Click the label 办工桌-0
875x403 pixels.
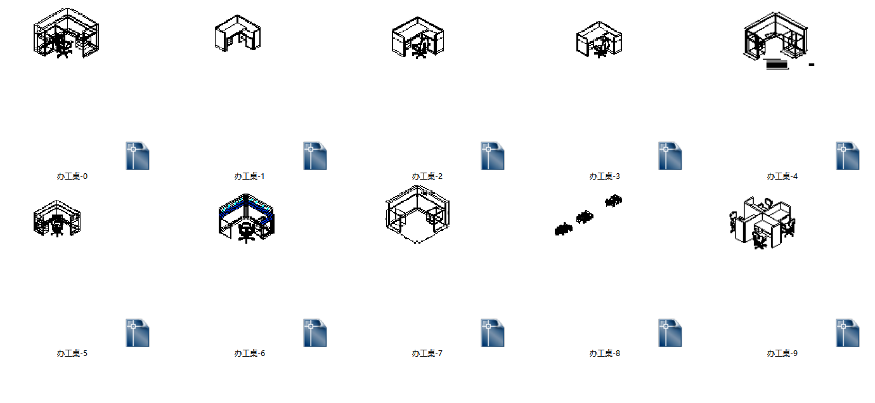(72, 176)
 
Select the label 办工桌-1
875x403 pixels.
(250, 176)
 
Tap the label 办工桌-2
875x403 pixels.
(427, 176)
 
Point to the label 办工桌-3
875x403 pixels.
(605, 176)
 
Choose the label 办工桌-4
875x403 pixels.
(782, 176)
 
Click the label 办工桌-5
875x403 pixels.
(72, 353)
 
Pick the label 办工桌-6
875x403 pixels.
(250, 353)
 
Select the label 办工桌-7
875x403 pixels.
(427, 353)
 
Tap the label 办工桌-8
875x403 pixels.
(605, 353)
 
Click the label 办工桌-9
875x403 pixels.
(782, 353)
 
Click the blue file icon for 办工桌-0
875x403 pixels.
(138, 156)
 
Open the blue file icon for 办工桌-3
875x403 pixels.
(670, 156)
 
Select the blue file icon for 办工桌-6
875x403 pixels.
(315, 333)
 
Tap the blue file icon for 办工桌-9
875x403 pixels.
(848, 333)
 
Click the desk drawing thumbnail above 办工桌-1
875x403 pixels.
(238, 33)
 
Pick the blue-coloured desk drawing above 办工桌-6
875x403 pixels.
(246, 218)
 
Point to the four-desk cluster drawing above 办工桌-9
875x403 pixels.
(762, 223)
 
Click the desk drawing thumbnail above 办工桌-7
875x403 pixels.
(418, 215)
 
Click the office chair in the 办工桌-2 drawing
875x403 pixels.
(420, 50)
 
